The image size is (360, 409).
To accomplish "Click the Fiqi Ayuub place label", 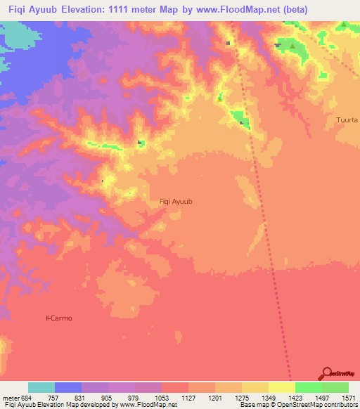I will pyautogui.click(x=176, y=202).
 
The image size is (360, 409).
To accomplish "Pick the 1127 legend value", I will pyautogui.click(x=189, y=397).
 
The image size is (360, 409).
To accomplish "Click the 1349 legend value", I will pyautogui.click(x=257, y=397).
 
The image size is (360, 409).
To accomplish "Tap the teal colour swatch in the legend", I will pyautogui.click(x=41, y=387).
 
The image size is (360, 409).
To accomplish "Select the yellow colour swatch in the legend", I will pyautogui.click(x=282, y=387).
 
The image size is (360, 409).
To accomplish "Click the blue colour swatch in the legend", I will pyautogui.click(x=68, y=387).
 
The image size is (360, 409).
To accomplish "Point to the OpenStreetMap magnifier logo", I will pyautogui.click(x=326, y=373).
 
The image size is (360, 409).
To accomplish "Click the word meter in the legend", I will pyautogui.click(x=10, y=397).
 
